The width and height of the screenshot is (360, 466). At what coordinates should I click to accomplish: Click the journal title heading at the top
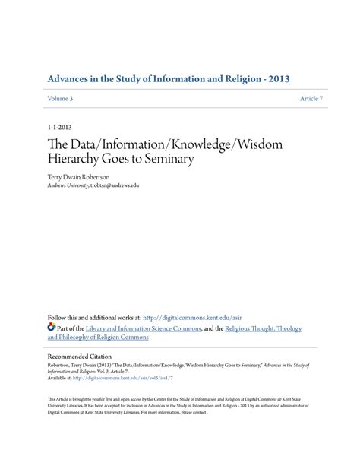click(168, 78)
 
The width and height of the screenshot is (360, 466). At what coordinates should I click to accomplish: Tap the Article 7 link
click(311, 100)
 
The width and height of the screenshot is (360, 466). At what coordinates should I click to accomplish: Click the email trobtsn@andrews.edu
click(115, 185)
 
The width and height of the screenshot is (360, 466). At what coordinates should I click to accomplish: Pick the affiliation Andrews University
click(67, 185)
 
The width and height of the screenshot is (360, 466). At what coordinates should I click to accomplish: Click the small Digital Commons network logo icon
click(52, 328)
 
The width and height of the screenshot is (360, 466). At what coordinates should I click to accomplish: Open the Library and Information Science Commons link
click(144, 328)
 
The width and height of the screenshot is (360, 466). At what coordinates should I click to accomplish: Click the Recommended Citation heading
click(79, 356)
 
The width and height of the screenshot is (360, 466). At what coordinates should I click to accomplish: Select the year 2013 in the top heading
click(276, 78)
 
